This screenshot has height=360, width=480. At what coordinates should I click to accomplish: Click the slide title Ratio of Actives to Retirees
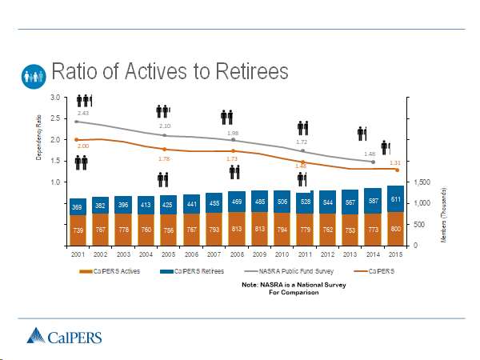170,73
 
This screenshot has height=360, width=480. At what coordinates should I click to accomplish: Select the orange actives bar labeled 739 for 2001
78,230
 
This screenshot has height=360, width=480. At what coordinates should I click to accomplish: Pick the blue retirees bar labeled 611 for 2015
395,198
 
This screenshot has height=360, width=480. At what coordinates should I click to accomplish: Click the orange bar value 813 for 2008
237,228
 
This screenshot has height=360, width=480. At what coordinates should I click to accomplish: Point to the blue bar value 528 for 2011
305,202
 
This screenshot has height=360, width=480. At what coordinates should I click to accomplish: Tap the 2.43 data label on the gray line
82,114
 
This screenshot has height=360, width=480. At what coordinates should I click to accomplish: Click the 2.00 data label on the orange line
82,146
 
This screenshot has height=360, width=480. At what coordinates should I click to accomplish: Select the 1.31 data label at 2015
394,162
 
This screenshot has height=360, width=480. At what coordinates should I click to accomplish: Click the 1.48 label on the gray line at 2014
370,154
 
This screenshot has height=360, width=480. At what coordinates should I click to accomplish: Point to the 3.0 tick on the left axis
54,98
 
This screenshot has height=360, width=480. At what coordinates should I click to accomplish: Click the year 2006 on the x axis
191,254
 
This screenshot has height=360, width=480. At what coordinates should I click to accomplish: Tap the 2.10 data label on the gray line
165,126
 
